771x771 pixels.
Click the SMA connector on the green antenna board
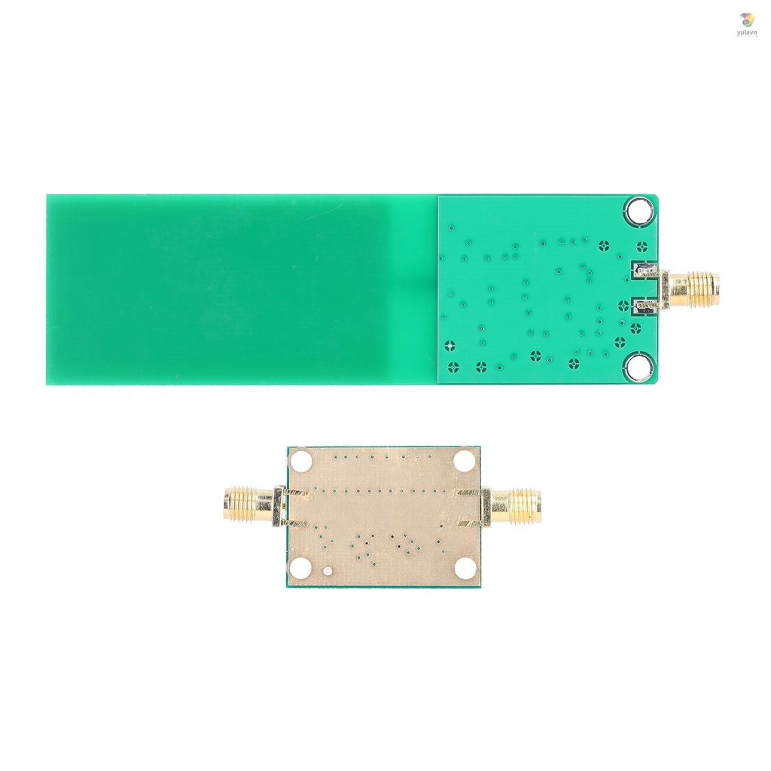click(x=690, y=288)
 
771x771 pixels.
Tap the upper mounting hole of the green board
click(x=638, y=210)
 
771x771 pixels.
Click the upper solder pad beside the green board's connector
click(x=645, y=270)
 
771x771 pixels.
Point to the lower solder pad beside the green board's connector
click(x=645, y=306)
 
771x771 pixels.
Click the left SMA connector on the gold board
click(x=248, y=505)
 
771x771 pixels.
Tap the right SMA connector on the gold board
click(x=517, y=505)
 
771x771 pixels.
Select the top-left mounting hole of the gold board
click(x=301, y=460)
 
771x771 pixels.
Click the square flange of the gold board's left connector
click(x=278, y=505)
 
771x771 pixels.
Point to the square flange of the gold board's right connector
click(x=486, y=505)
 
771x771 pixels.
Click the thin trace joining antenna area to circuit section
click(x=415, y=288)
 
